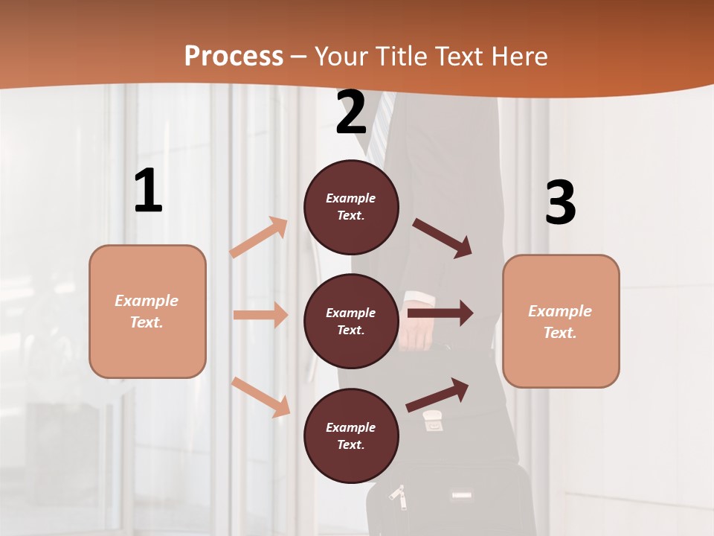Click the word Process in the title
[234, 56]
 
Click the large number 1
[148, 191]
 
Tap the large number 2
[351, 112]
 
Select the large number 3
[561, 202]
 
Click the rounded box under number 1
[147, 311]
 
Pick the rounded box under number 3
[561, 321]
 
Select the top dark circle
[351, 207]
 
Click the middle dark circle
[351, 321]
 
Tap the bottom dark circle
[351, 435]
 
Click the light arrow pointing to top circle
[259, 237]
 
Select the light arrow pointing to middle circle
[260, 315]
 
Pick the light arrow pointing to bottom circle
[260, 397]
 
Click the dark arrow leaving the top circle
[442, 237]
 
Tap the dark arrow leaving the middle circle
[440, 313]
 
